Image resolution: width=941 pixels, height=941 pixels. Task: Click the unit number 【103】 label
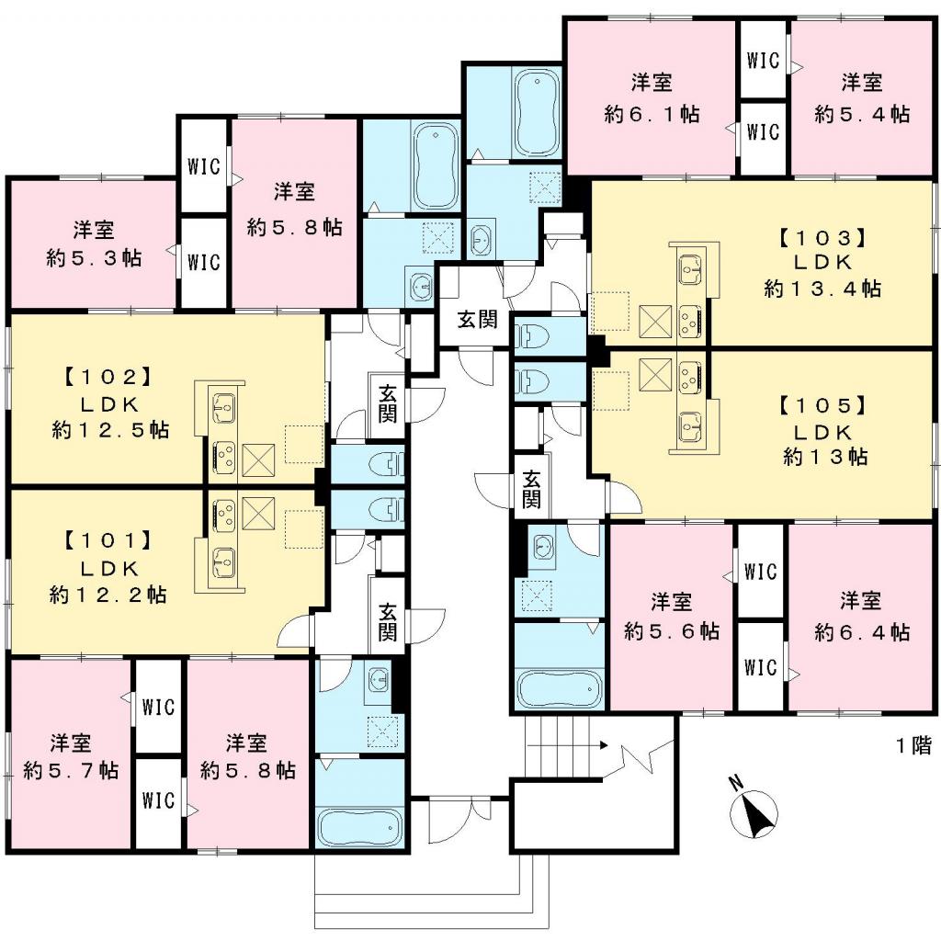click(822, 237)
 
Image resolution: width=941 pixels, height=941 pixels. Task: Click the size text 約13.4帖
click(822, 289)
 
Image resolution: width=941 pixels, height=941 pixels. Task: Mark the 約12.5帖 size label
click(110, 429)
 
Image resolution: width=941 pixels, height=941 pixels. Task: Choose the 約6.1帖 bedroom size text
click(652, 114)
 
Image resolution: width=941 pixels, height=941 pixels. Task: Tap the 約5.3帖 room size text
click(94, 257)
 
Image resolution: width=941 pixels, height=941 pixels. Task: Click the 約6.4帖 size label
click(862, 632)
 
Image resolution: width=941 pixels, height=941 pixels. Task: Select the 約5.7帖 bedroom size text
click(70, 770)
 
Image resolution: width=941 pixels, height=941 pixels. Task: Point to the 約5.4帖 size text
click(862, 114)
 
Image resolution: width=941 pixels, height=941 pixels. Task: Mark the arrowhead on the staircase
click(603, 745)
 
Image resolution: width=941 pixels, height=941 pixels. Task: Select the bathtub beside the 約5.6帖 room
click(559, 685)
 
